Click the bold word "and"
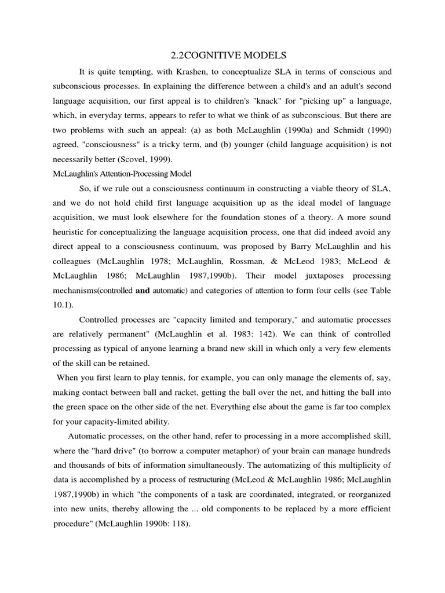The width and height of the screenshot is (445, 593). click(143, 291)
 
